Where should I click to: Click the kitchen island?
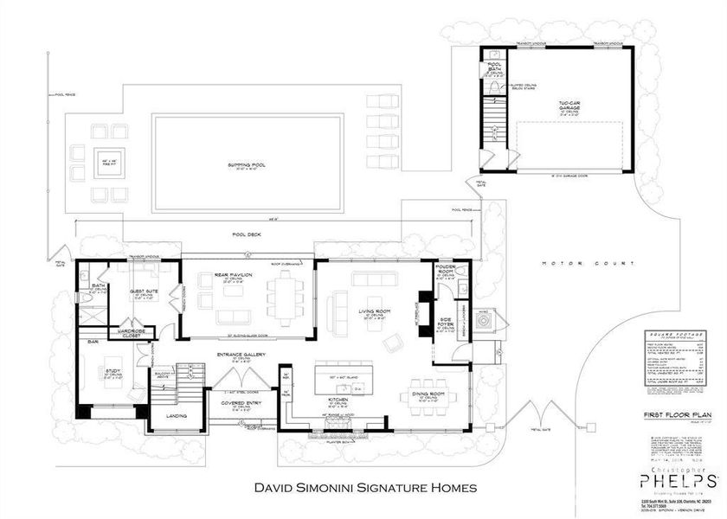coord(336,378)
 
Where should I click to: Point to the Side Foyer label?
coord(447,324)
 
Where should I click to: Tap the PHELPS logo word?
coord(677,480)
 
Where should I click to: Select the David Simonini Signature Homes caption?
coord(363,488)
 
